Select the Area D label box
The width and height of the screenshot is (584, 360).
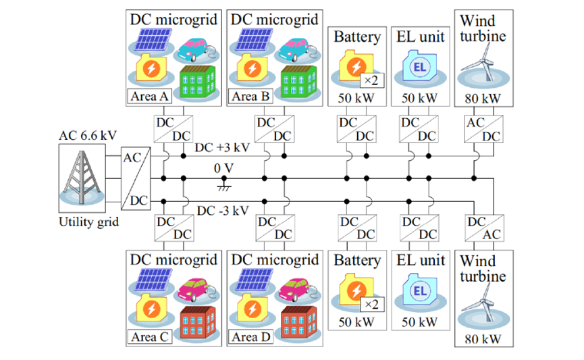(251, 337)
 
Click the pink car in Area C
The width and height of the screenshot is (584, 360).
(195, 288)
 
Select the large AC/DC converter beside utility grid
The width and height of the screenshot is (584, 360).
(135, 178)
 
